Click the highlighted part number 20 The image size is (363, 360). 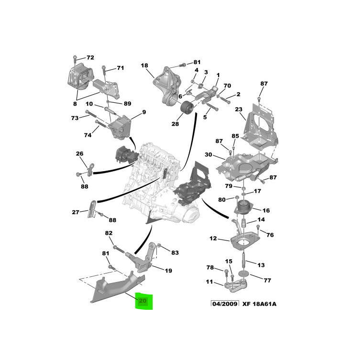[143, 301]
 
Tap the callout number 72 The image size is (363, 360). [90, 58]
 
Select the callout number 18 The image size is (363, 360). [144, 65]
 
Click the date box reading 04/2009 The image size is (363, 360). [224, 304]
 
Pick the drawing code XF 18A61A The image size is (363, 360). [259, 304]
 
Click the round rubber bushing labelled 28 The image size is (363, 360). [185, 112]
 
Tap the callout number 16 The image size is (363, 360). [266, 210]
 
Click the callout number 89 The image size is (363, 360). [127, 103]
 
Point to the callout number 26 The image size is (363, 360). [79, 153]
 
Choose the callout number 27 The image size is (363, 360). [76, 212]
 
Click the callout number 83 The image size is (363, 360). [175, 252]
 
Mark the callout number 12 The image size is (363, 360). [213, 238]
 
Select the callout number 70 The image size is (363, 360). [227, 86]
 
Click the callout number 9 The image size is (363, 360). [143, 112]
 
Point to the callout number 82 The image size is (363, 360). [109, 233]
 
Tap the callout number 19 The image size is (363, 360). [168, 271]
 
